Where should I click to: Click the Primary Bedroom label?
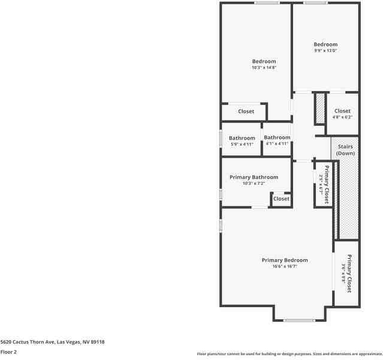point(285,260)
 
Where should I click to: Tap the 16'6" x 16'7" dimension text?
point(285,266)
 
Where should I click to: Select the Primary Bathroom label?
point(254,177)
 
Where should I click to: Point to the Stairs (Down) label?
point(345,150)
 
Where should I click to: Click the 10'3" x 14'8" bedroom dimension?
point(264,68)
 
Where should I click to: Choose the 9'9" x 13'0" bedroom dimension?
point(325,50)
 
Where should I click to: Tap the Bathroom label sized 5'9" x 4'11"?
point(242,138)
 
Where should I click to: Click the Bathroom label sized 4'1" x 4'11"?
point(277,137)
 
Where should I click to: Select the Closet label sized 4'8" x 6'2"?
point(342,111)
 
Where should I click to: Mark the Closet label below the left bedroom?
point(246,112)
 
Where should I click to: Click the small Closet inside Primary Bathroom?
point(281,199)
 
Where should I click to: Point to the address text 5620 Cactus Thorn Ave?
point(53,341)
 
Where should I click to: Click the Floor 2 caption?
point(8,352)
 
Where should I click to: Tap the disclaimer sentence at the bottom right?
point(289,354)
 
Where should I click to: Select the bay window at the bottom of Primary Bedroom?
point(299,320)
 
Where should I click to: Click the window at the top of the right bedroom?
point(315,3)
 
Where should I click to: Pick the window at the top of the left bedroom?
point(266,3)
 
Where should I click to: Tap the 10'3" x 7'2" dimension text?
point(254,184)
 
